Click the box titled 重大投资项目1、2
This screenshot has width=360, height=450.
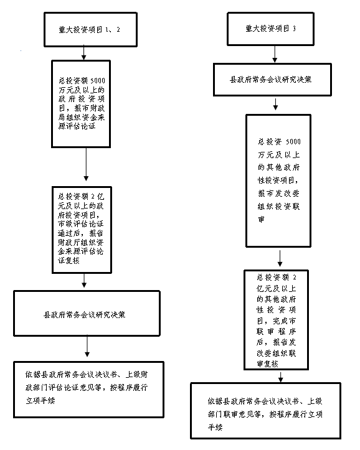pos(90,29)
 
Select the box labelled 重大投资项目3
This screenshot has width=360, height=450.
pos(270,29)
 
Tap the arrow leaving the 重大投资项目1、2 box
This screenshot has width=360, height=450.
pos(83,53)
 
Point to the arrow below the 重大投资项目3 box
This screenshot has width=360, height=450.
pos(275,54)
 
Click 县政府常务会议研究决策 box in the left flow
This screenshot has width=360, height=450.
pos(87,314)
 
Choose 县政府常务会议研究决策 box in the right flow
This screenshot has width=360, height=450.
pos(272,80)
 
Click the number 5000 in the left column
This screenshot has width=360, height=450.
pos(98,81)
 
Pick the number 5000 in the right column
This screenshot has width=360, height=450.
pos(293,142)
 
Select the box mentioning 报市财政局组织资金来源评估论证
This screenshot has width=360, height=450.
pos(81,104)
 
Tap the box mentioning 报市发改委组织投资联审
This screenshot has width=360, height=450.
pos(278,180)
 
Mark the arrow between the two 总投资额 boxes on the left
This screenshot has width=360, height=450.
pos(86,164)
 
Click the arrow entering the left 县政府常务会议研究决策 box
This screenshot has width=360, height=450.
pos(84,280)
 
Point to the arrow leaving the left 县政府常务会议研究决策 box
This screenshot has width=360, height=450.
pos(87,346)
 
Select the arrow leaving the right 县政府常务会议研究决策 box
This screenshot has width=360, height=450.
pos(275,104)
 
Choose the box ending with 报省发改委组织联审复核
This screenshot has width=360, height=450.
pos(276,320)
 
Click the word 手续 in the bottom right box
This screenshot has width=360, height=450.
pos(215,428)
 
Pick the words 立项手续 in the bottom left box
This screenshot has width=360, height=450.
pos(40,401)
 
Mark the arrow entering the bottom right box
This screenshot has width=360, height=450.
pos(281,377)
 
